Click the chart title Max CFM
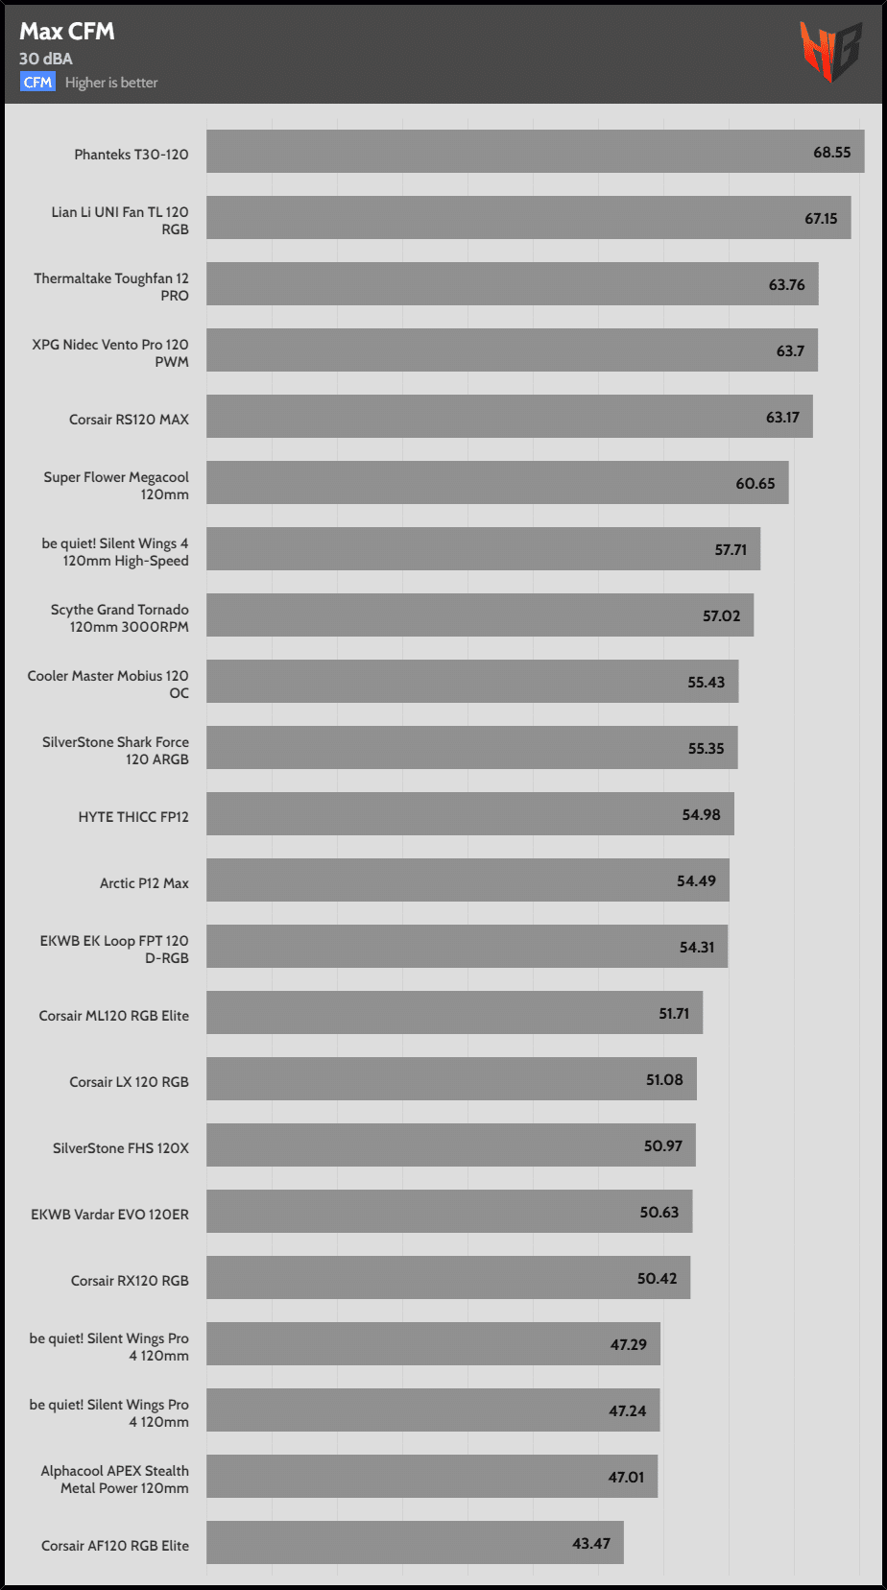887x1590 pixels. [x=67, y=32]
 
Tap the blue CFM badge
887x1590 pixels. [x=38, y=83]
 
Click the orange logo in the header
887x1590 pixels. [x=830, y=51]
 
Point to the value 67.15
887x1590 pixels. [x=821, y=219]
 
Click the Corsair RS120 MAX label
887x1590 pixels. [x=129, y=420]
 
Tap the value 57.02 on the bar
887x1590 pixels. [x=721, y=616]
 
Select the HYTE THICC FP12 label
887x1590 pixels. [x=133, y=817]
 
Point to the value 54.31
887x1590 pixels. [x=697, y=948]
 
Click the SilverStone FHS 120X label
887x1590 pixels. [x=121, y=1148]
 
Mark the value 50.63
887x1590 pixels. [x=659, y=1213]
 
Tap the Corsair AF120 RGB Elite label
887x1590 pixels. [x=115, y=1546]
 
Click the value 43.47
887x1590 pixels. [x=591, y=1544]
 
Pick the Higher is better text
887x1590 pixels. [x=111, y=83]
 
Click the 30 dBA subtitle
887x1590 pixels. [x=46, y=59]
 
